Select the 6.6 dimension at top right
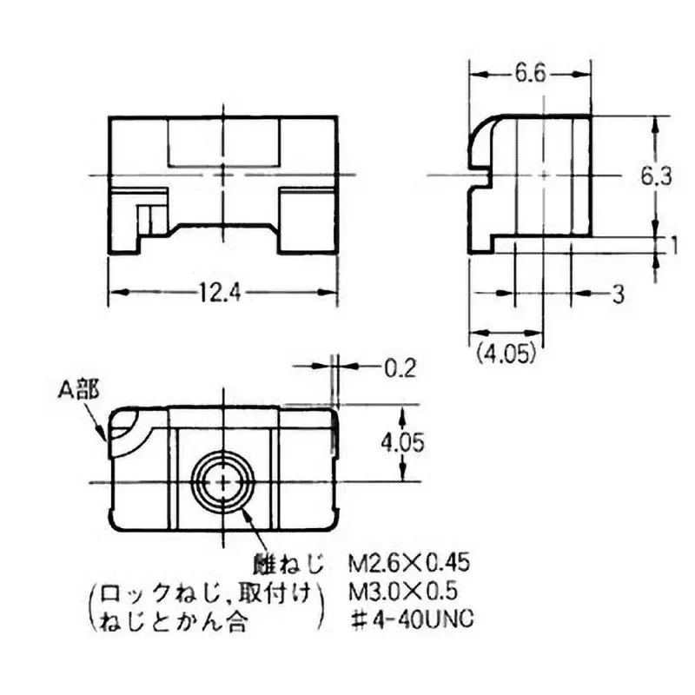click(x=529, y=75)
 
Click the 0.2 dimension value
click(x=400, y=367)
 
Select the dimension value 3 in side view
click(x=618, y=295)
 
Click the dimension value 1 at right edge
click(x=673, y=247)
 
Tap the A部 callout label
click(x=78, y=390)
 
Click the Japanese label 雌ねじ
click(x=288, y=564)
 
